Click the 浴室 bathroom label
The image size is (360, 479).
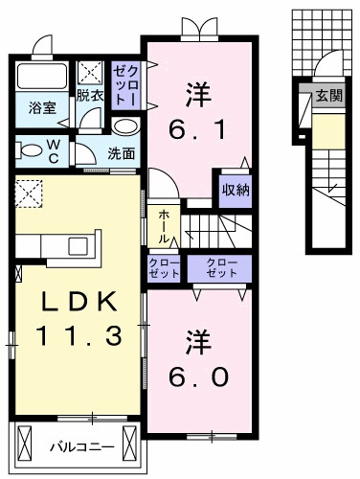point(42,108)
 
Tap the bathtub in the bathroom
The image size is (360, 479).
point(42,76)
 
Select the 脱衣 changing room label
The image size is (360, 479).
point(90,95)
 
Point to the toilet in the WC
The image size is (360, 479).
point(30,150)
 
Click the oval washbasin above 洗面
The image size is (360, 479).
point(125,126)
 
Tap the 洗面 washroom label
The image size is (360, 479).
point(121,154)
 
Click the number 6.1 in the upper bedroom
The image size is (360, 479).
point(198,130)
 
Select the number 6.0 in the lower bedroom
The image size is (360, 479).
point(198,376)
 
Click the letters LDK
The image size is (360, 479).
point(79,302)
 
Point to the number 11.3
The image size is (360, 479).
point(79,335)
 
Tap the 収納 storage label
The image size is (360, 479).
point(236,191)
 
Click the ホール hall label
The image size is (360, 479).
point(164,225)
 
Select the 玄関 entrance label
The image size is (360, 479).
point(329,95)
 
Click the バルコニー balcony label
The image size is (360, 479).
point(82,446)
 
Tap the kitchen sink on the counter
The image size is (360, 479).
point(79,246)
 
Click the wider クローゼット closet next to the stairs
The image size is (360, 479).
point(219,268)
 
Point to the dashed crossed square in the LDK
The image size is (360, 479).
point(29,194)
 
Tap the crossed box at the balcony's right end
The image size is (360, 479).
point(129,442)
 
